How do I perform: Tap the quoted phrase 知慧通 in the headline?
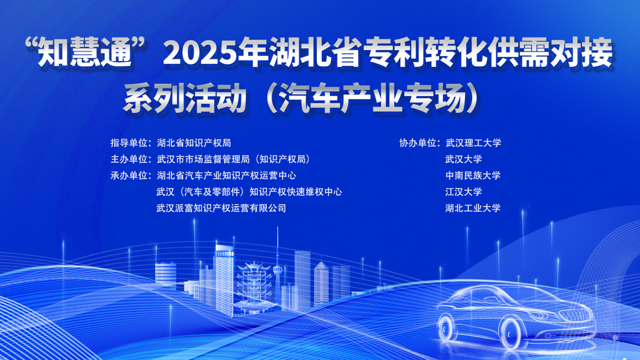click(86, 53)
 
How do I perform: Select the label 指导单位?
click(129, 143)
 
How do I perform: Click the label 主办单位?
click(129, 159)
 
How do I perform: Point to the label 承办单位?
click(129, 175)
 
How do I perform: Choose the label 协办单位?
click(418, 143)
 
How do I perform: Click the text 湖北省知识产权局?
click(194, 143)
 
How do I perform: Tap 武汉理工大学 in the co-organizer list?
click(473, 143)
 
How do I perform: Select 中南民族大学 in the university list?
click(473, 175)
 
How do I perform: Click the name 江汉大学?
click(464, 192)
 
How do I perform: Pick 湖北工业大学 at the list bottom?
click(473, 208)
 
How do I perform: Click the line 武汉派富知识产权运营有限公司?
click(221, 208)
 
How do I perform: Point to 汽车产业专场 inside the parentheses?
click(373, 98)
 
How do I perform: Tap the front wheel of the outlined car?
click(511, 334)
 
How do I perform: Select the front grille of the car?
click(575, 315)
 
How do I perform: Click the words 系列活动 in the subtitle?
click(185, 98)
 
